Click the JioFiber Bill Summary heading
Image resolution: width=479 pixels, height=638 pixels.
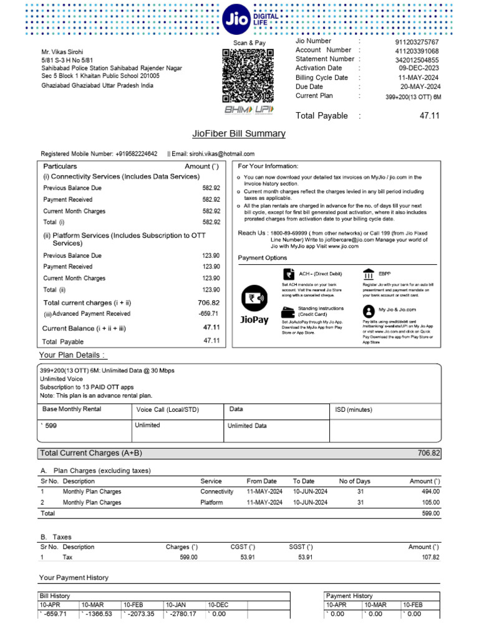click(x=239, y=133)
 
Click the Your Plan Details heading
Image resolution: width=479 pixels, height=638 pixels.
click(x=73, y=355)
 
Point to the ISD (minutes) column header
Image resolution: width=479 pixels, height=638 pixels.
click(x=354, y=410)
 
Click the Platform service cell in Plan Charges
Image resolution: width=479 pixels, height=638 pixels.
click(x=211, y=502)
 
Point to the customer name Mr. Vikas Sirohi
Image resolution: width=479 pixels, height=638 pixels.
click(x=62, y=52)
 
